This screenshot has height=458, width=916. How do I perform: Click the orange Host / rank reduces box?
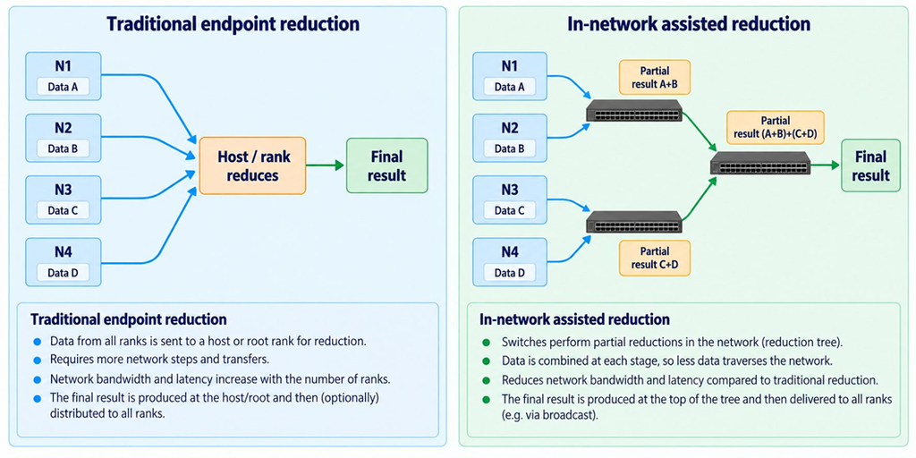(x=253, y=165)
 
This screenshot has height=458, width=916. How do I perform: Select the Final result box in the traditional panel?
(x=386, y=165)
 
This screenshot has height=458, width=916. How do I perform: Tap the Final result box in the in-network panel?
(x=870, y=165)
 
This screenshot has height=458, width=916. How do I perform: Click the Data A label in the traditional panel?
(x=64, y=88)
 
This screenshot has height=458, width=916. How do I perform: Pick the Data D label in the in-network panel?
(x=509, y=272)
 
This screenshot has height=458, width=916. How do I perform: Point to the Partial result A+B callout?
(x=654, y=77)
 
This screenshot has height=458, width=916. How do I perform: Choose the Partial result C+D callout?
(x=654, y=258)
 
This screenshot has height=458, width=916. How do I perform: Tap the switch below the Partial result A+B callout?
(x=634, y=110)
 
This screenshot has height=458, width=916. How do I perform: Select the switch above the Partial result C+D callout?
(x=634, y=223)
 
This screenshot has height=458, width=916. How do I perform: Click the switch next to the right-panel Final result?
(x=760, y=163)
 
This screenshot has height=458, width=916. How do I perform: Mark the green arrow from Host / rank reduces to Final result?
(x=326, y=165)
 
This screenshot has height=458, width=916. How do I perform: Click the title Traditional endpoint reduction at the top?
(x=233, y=24)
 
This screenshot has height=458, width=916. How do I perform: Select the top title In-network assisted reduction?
(x=688, y=24)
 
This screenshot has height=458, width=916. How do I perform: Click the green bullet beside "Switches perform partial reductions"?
(x=486, y=342)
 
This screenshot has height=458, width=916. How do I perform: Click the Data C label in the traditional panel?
(x=64, y=211)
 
